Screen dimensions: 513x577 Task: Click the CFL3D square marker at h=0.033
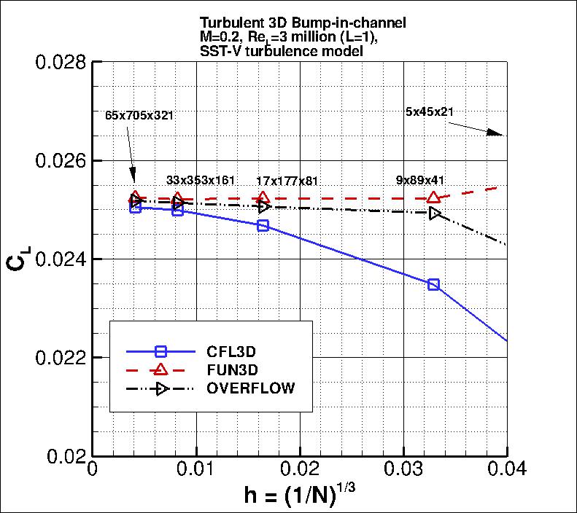click(x=434, y=284)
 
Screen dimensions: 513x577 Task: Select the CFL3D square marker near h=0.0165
click(x=263, y=226)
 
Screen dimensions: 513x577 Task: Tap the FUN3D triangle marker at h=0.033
click(x=434, y=197)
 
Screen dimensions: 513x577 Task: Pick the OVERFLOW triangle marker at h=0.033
click(x=435, y=213)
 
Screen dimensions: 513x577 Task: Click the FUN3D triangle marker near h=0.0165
click(x=263, y=197)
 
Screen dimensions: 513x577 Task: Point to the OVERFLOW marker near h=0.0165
click(x=264, y=206)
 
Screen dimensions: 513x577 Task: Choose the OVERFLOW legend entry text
click(x=251, y=388)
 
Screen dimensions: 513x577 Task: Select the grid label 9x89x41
click(x=420, y=179)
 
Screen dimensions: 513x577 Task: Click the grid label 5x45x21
click(x=430, y=111)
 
